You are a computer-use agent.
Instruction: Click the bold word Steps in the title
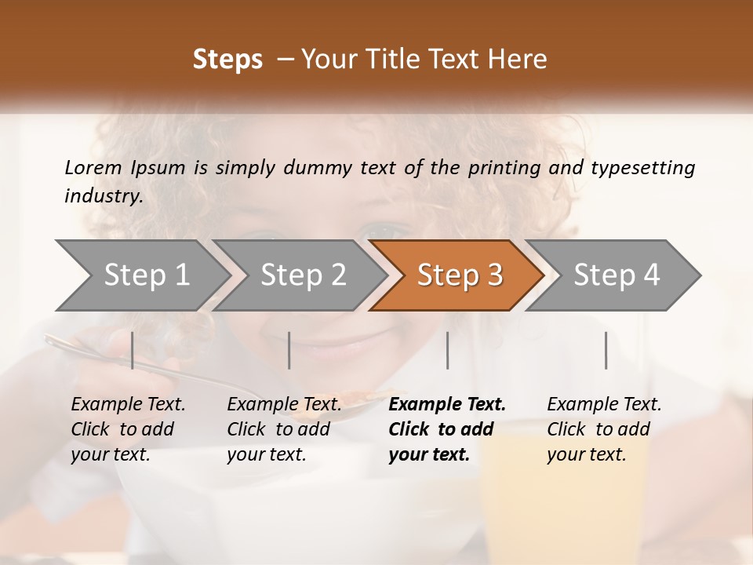tap(227, 60)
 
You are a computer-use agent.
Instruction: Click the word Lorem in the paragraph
tap(93, 167)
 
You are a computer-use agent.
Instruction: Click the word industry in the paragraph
tap(103, 195)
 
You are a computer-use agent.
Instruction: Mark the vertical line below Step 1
tap(132, 350)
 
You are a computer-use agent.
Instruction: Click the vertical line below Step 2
tap(289, 350)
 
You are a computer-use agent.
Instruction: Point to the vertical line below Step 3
tap(447, 350)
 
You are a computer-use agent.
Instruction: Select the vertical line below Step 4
tap(606, 350)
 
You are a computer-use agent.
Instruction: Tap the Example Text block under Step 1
tap(128, 429)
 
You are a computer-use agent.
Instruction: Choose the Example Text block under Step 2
tap(284, 429)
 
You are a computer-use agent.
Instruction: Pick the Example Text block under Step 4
tap(604, 429)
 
